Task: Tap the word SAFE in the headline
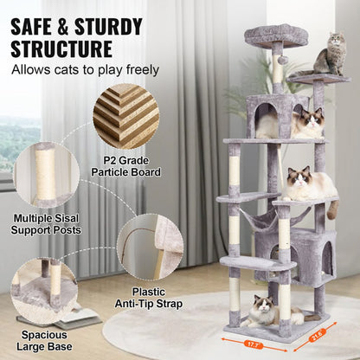click(x=43, y=18)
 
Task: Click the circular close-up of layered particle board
click(x=125, y=116)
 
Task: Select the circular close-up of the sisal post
click(x=46, y=176)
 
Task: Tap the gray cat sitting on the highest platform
click(x=330, y=56)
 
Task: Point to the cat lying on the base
click(x=264, y=309)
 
